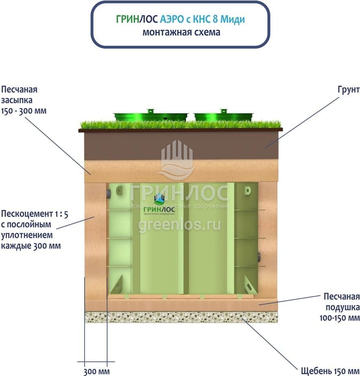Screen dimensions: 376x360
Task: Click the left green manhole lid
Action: coord(150,116)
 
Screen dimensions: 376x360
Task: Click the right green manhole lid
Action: coord(223,116)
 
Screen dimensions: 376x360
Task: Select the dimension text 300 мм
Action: coord(97,371)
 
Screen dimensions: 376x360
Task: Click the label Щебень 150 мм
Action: coord(330,371)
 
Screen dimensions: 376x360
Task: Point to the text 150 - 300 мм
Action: coord(24,110)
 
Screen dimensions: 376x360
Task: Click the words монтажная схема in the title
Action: coord(181,32)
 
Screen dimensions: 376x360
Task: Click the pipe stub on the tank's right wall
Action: coord(259,257)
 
